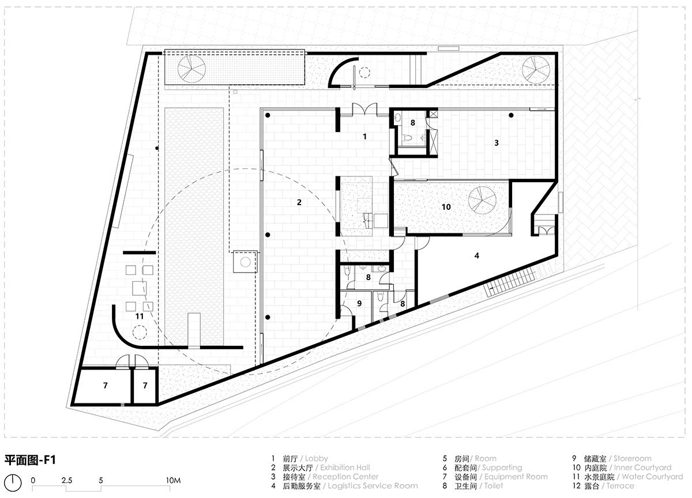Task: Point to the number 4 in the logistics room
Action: coord(476,255)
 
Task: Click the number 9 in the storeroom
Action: coord(359,303)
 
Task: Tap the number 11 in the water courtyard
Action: coord(139,316)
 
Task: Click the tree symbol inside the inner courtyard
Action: coord(483,200)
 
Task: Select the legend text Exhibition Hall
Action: coord(345,468)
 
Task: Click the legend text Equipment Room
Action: coord(516,477)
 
